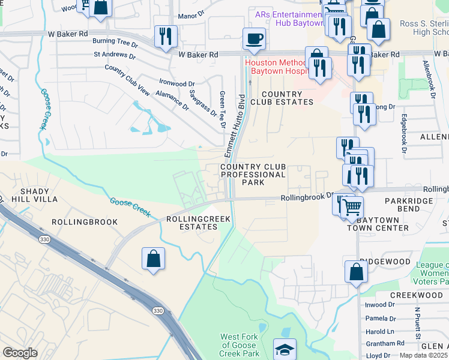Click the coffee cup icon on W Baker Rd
[x=253, y=39]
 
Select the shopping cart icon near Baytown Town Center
[x=352, y=207]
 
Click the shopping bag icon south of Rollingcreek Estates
[x=153, y=259]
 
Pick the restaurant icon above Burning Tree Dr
[x=164, y=36]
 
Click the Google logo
[x=20, y=353]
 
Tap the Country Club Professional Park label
[x=253, y=174]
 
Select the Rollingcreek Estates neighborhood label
[x=199, y=223]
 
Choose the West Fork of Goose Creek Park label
[x=239, y=345]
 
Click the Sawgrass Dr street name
[x=202, y=103]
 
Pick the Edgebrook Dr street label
[x=404, y=133]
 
